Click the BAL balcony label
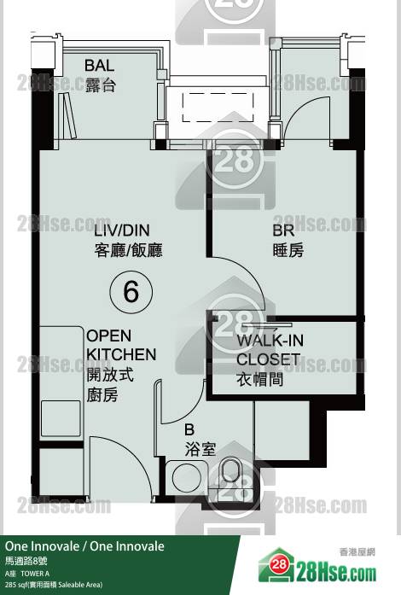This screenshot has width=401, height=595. pos(99,66)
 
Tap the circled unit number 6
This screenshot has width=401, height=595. pos(131,292)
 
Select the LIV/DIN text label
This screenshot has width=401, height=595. pos(122,230)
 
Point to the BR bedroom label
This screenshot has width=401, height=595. pos(283,230)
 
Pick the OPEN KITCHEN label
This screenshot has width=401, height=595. pos(121,345)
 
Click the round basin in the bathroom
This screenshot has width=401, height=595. pos(187,477)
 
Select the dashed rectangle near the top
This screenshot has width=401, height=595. pos(218,108)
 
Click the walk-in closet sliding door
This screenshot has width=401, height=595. pos(267,325)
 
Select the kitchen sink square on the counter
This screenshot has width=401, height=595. pos(61,418)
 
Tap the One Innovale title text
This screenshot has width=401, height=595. pos(84,546)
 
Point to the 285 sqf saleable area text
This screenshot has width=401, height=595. pos(54,585)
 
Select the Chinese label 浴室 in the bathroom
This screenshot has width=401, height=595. pos(200,449)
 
